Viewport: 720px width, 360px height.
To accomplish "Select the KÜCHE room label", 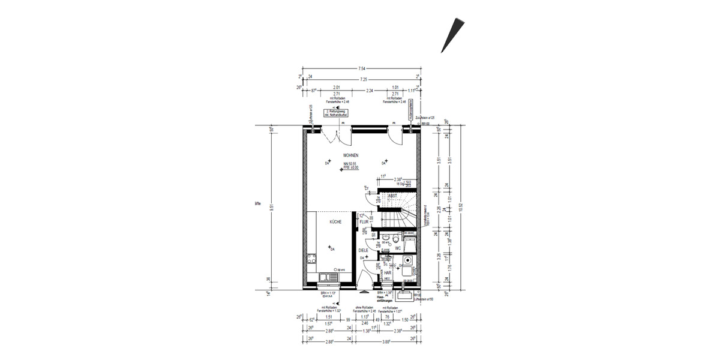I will (x=335, y=222).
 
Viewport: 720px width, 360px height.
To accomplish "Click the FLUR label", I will (x=364, y=222).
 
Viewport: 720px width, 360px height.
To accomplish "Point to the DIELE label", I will (x=363, y=250).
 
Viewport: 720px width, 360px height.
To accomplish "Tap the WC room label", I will (x=398, y=248).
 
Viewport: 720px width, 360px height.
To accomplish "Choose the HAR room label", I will (x=388, y=272).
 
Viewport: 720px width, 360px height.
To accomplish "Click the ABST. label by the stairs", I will (x=393, y=196).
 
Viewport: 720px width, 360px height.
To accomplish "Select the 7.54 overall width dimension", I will (x=361, y=69).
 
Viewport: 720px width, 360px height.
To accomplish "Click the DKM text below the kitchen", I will (x=327, y=296).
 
